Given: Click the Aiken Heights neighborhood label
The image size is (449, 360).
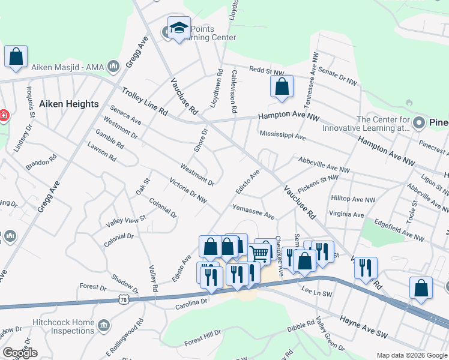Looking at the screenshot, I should click(68, 104).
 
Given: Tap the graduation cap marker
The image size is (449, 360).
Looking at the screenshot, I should click(179, 28).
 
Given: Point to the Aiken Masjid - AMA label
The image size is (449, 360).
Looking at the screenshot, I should click(70, 68).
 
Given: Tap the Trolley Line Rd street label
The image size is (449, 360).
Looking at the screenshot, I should click(144, 101).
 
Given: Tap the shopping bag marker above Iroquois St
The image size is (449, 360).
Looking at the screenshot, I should click(16, 56).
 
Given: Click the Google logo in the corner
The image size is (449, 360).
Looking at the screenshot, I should click(20, 353).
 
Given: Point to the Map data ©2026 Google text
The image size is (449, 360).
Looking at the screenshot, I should click(412, 355).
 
